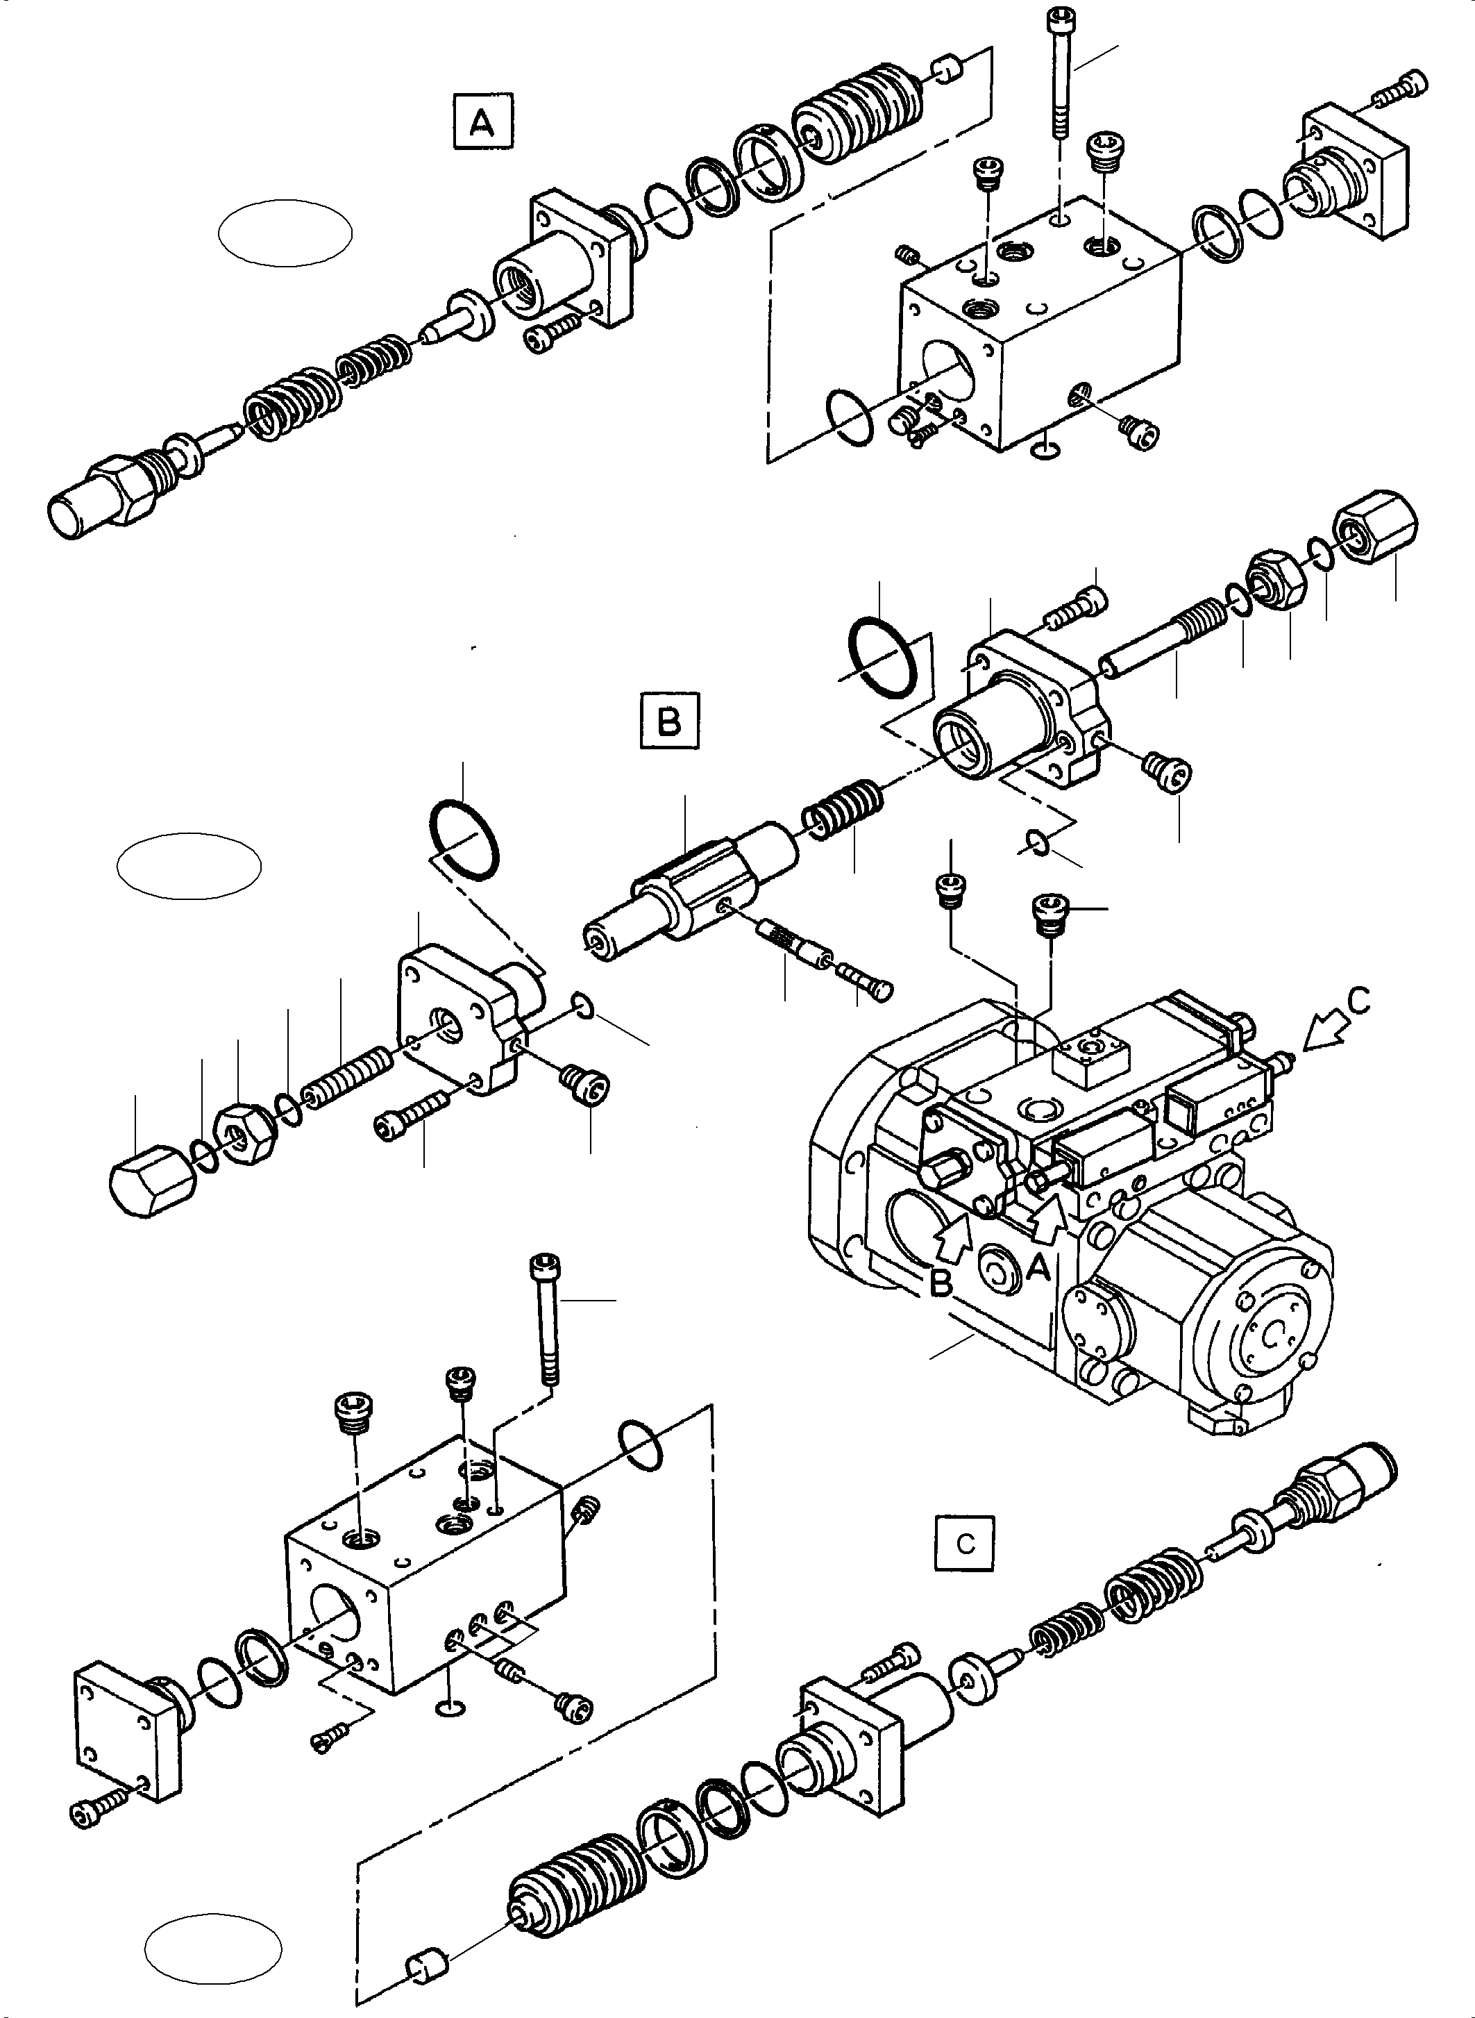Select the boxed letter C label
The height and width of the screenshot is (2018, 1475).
point(966,1543)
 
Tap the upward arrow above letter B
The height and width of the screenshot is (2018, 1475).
point(954,1236)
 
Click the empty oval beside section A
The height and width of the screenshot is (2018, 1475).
point(285,232)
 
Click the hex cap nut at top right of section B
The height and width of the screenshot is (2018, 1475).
point(1375,528)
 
